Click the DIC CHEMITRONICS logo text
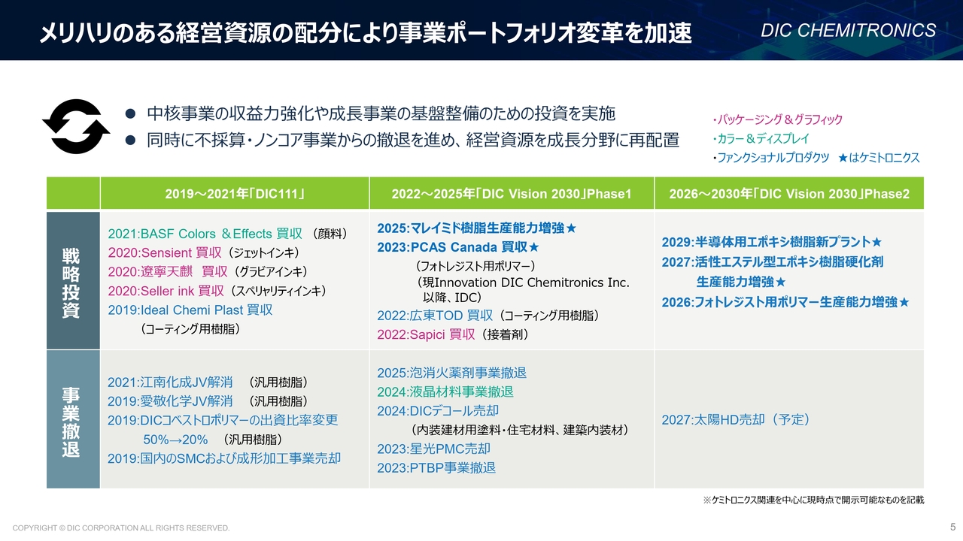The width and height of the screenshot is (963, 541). pyautogui.click(x=848, y=31)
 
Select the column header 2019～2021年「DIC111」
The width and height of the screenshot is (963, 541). pyautogui.click(x=235, y=194)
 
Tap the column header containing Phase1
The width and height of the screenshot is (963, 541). pyautogui.click(x=512, y=194)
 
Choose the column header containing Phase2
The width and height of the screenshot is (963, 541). pyautogui.click(x=789, y=194)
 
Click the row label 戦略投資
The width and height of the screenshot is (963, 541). pyautogui.click(x=71, y=283)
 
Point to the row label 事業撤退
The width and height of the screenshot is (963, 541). pyautogui.click(x=71, y=422)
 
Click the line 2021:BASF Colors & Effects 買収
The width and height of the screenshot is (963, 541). pyautogui.click(x=205, y=234)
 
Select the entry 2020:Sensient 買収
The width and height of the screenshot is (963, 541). pyautogui.click(x=165, y=252)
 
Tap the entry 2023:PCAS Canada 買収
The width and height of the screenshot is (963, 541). pyautogui.click(x=458, y=247)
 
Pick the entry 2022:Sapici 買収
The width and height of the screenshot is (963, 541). pyautogui.click(x=426, y=334)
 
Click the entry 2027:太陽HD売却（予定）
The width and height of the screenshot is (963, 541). pyautogui.click(x=736, y=419)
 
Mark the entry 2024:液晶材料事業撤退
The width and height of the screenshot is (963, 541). pyautogui.click(x=445, y=391)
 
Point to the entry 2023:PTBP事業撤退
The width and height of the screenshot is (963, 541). pyautogui.click(x=436, y=467)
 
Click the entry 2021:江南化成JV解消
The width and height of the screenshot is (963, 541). pyautogui.click(x=170, y=382)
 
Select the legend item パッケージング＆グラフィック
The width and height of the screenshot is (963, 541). pyautogui.click(x=777, y=119)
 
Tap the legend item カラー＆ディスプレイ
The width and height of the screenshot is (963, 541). pyautogui.click(x=761, y=139)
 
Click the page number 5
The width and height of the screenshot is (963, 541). pyautogui.click(x=952, y=527)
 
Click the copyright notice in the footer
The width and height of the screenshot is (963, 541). pyautogui.click(x=121, y=527)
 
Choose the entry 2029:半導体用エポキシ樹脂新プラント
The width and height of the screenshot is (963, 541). pyautogui.click(x=771, y=242)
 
